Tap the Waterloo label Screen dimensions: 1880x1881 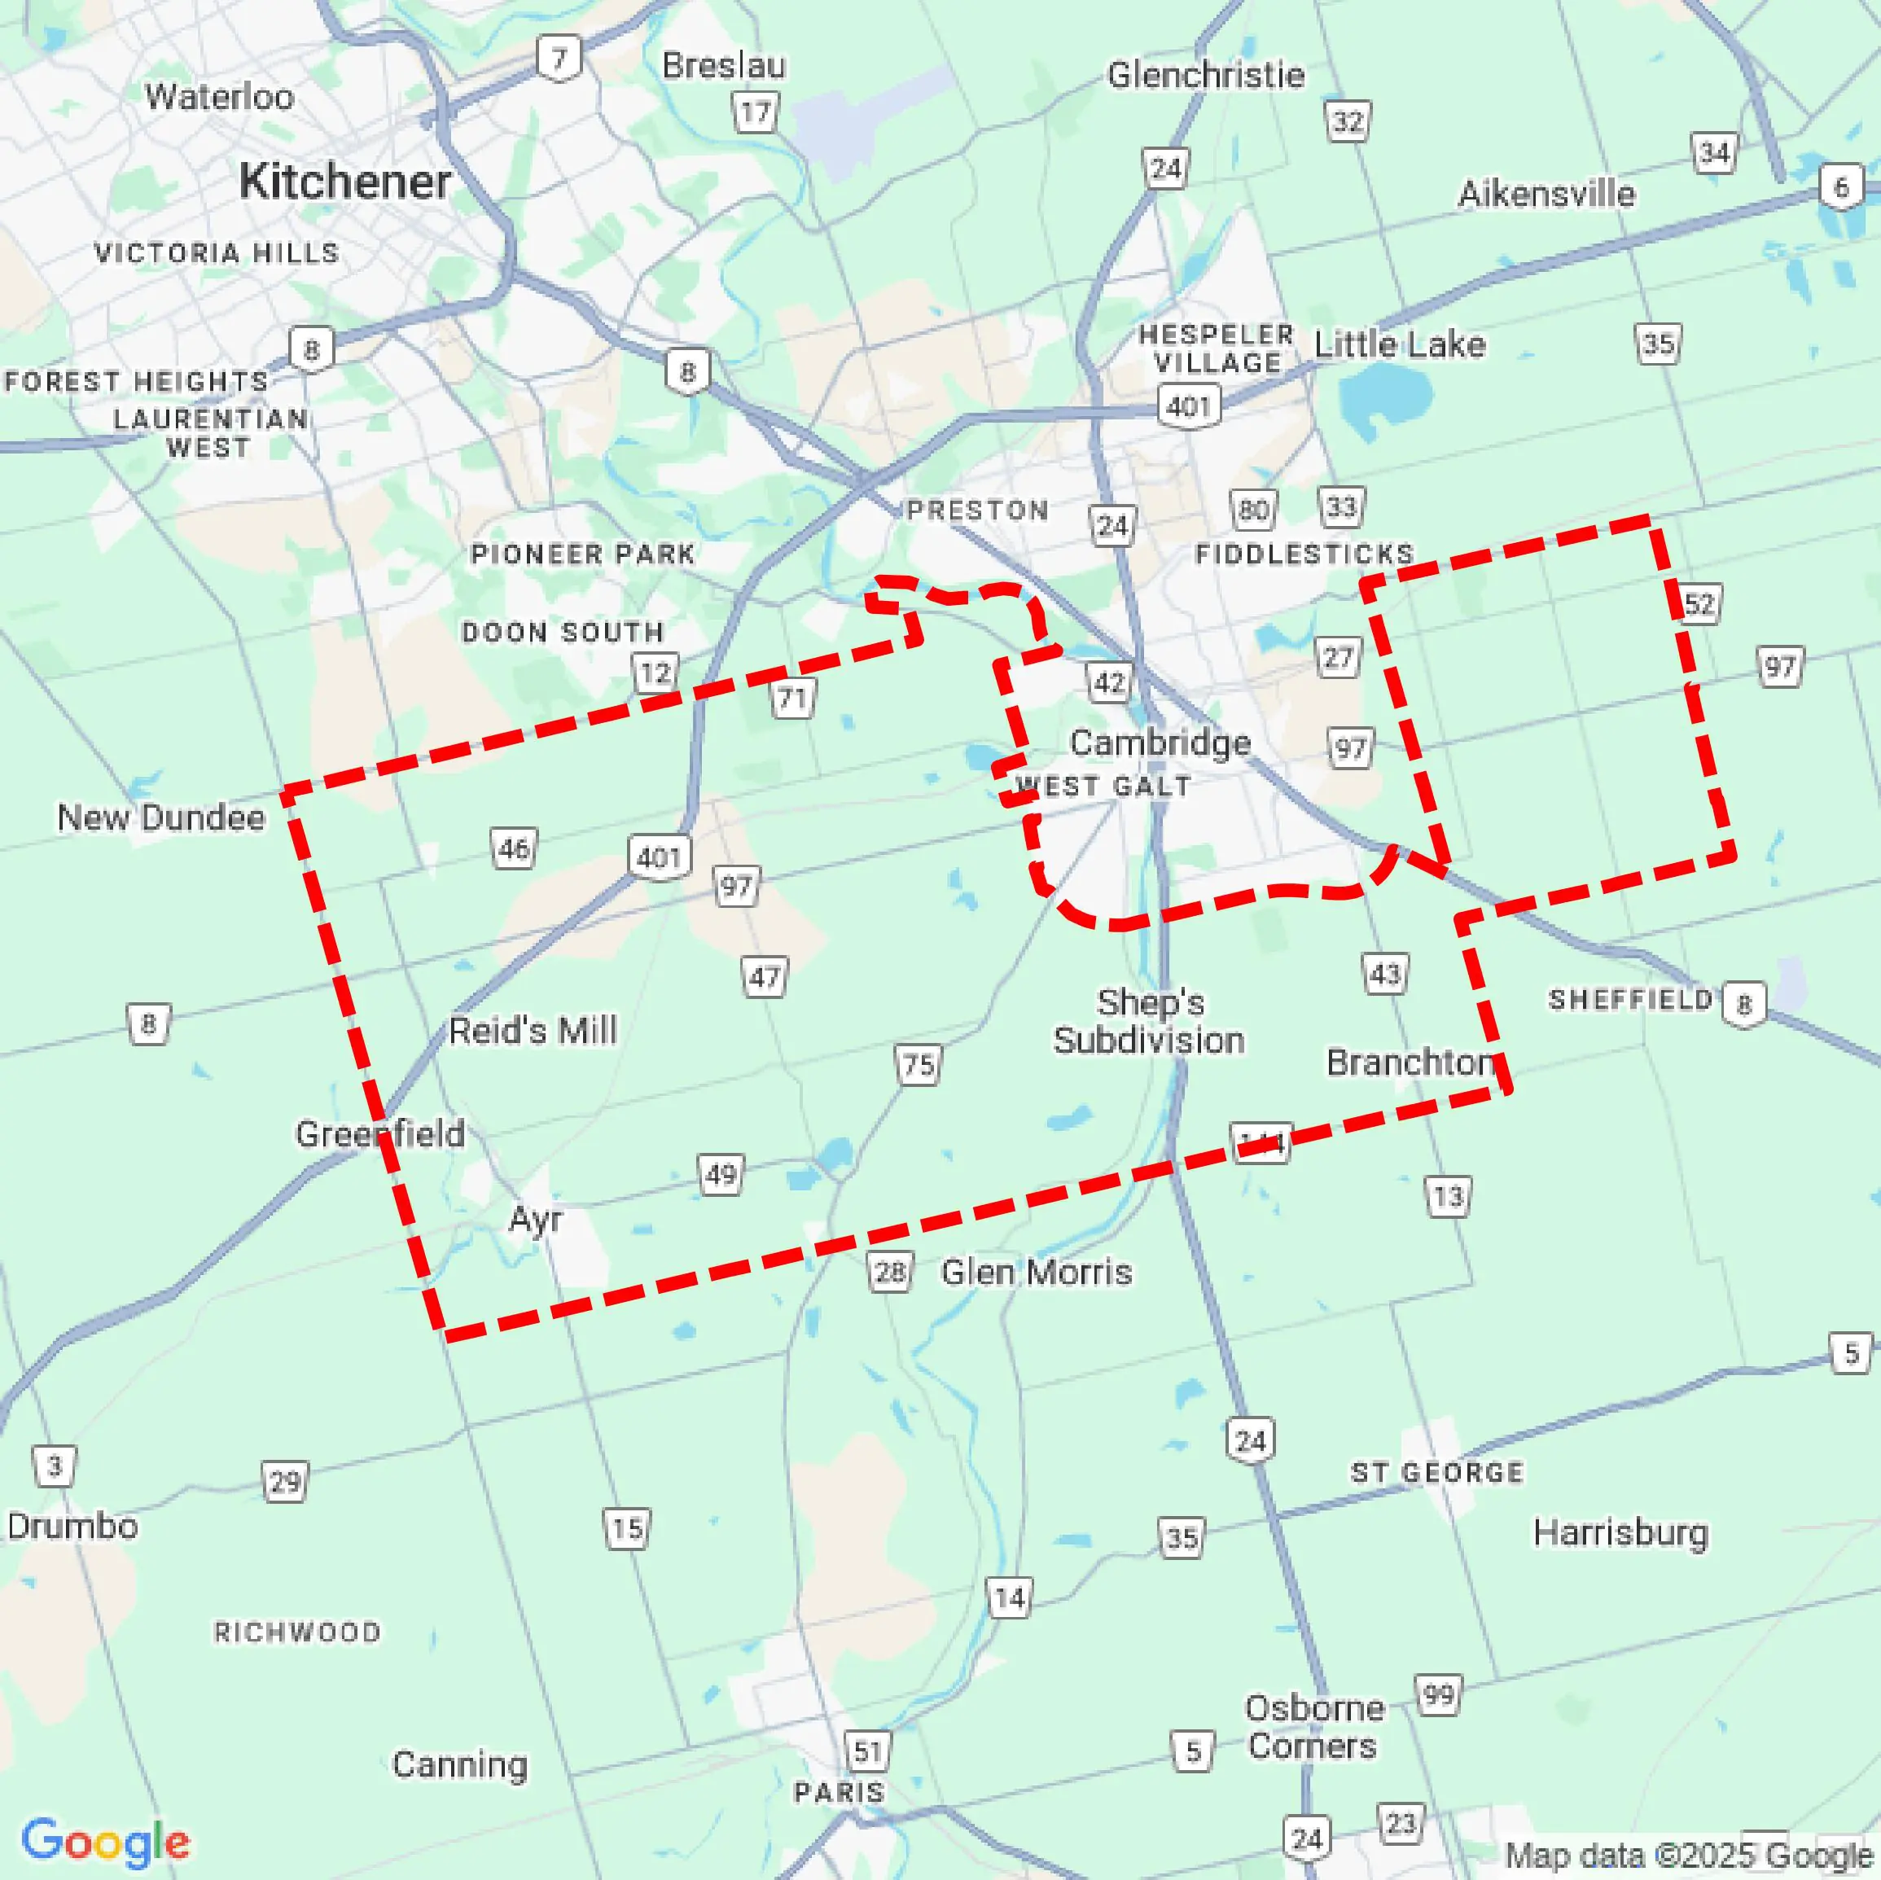219,96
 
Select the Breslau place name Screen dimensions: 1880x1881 723,65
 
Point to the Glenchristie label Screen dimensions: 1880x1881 1205,75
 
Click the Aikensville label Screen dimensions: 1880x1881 1546,194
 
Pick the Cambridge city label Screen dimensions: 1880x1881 1160,743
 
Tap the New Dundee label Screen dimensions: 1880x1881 160,817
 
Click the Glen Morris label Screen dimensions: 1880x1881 1036,1273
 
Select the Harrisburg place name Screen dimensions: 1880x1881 1620,1532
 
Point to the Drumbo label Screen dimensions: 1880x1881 72,1526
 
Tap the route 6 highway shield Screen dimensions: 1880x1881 1840,187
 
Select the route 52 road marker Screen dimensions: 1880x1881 1699,603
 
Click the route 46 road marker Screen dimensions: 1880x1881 513,849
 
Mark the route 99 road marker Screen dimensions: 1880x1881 1438,1695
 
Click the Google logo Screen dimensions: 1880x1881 105,1842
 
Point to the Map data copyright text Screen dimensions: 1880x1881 1688,1856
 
